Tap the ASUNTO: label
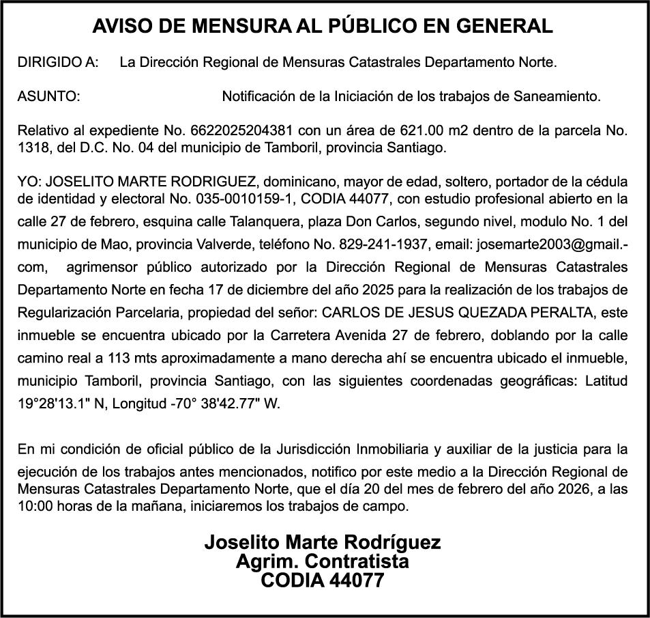48,96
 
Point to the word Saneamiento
558,96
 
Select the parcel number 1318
31,147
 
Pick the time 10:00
32,506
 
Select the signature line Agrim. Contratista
323,562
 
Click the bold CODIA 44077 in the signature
323,580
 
